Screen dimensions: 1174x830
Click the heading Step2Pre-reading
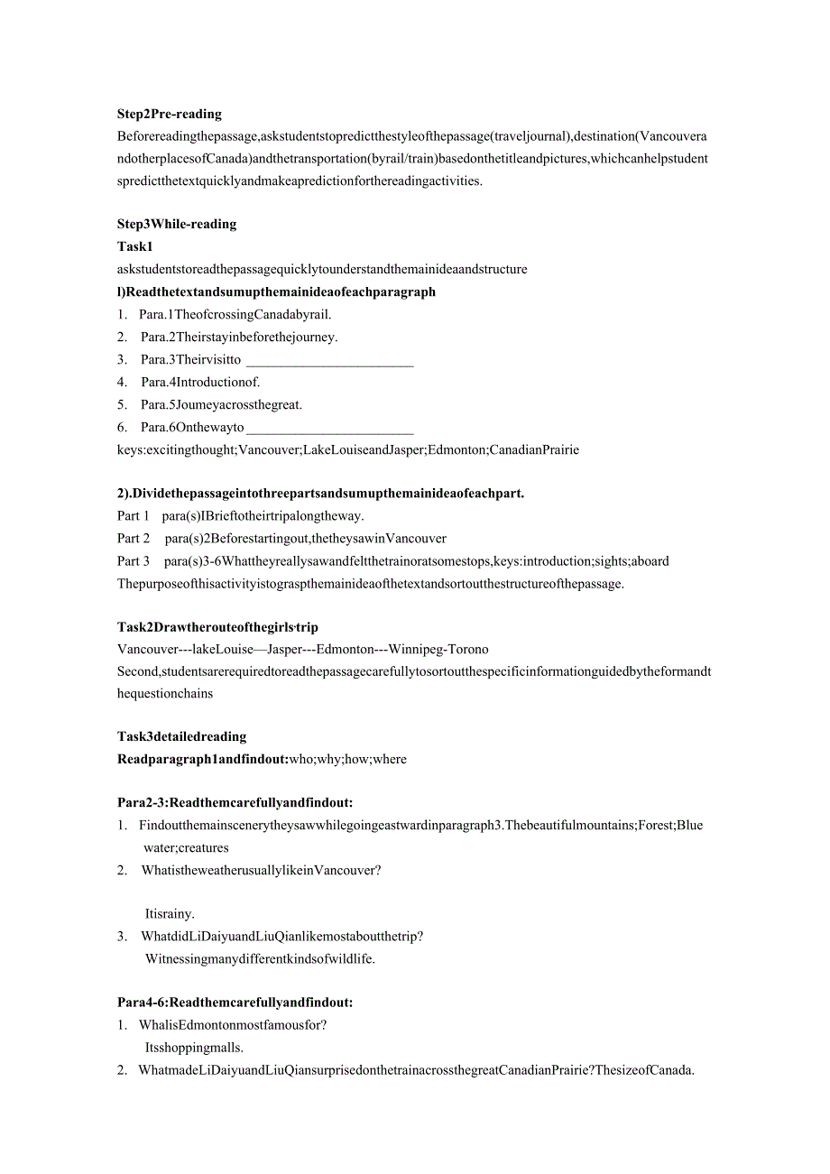click(x=169, y=114)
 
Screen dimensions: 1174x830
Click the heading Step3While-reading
click(x=176, y=224)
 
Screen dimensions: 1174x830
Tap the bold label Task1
click(x=135, y=246)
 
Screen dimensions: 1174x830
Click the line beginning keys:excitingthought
click(x=348, y=449)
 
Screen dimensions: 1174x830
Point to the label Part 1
click(x=134, y=516)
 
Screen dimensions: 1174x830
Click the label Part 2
click(x=134, y=539)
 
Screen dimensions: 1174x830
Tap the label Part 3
click(x=134, y=561)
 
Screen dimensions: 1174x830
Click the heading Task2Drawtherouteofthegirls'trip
click(x=217, y=627)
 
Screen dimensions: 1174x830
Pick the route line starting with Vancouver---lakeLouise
click(x=303, y=650)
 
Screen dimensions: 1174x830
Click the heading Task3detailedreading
click(x=181, y=737)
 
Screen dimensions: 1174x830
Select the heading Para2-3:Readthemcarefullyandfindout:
click(x=235, y=802)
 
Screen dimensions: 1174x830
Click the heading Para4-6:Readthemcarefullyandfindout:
click(x=235, y=1002)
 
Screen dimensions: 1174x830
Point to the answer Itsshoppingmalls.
click(x=194, y=1048)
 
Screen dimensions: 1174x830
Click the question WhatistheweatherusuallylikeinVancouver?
click(x=262, y=871)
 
